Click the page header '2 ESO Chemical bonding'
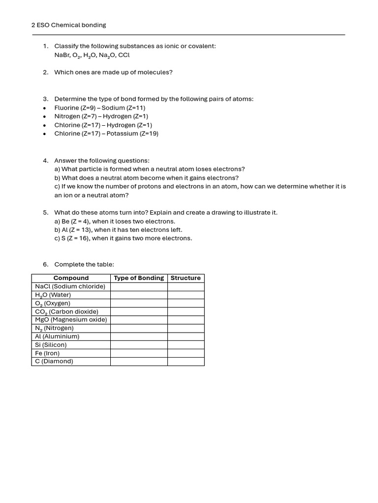[68, 25]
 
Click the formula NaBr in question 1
[63, 55]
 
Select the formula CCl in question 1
[124, 55]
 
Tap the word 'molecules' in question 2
[154, 72]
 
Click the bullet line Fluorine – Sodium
[99, 108]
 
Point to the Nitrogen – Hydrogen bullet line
[101, 116]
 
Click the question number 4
[45, 161]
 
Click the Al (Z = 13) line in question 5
[118, 230]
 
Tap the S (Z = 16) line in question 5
[123, 238]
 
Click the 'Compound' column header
[71, 278]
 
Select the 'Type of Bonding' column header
[139, 278]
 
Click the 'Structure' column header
[186, 278]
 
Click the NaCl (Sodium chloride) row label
[70, 286]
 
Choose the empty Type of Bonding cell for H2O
[139, 295]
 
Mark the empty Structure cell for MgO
[186, 320]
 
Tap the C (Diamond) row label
[54, 362]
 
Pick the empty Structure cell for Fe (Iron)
[186, 353]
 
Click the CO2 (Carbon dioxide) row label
[66, 311]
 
